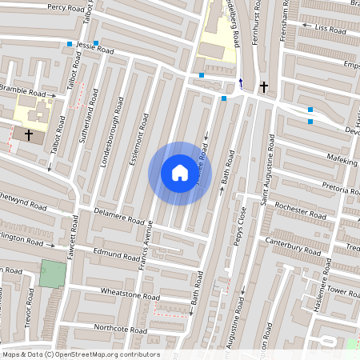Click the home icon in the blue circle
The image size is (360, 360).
pyautogui.click(x=180, y=172)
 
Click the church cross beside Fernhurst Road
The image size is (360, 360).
pyautogui.click(x=264, y=86)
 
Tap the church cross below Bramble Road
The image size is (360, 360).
pyautogui.click(x=30, y=135)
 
